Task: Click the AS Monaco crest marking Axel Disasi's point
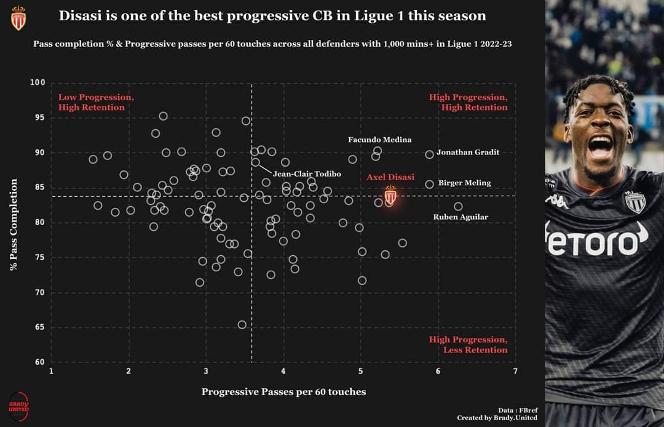click(390, 195)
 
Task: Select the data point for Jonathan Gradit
click(429, 154)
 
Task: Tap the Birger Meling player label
click(465, 183)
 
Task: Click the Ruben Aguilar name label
click(460, 217)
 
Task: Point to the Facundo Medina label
click(380, 140)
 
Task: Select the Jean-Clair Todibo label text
click(307, 174)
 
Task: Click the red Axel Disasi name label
click(390, 177)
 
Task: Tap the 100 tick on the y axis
click(38, 82)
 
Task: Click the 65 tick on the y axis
click(39, 327)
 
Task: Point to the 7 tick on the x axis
click(515, 371)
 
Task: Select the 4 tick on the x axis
click(283, 371)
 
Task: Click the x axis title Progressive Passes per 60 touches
click(283, 392)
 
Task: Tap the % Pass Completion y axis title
click(14, 225)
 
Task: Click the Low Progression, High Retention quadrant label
click(96, 102)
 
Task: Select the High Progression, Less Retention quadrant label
click(468, 345)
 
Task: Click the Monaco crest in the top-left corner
click(18, 18)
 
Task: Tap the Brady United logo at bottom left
click(18, 407)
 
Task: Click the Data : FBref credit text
click(518, 410)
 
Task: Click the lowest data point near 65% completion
click(242, 325)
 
